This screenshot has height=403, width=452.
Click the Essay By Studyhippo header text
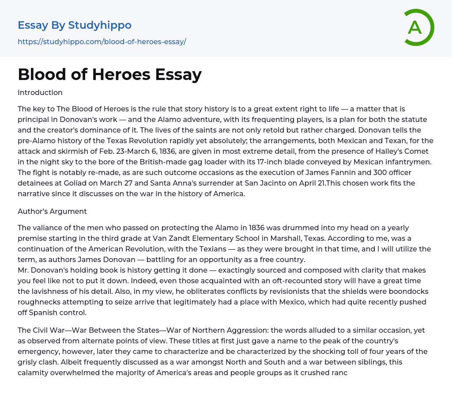75,25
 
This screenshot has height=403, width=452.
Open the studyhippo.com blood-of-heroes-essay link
102,42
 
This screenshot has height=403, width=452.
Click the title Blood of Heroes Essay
109,74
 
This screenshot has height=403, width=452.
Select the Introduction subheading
40,93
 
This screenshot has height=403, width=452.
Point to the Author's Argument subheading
52,211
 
